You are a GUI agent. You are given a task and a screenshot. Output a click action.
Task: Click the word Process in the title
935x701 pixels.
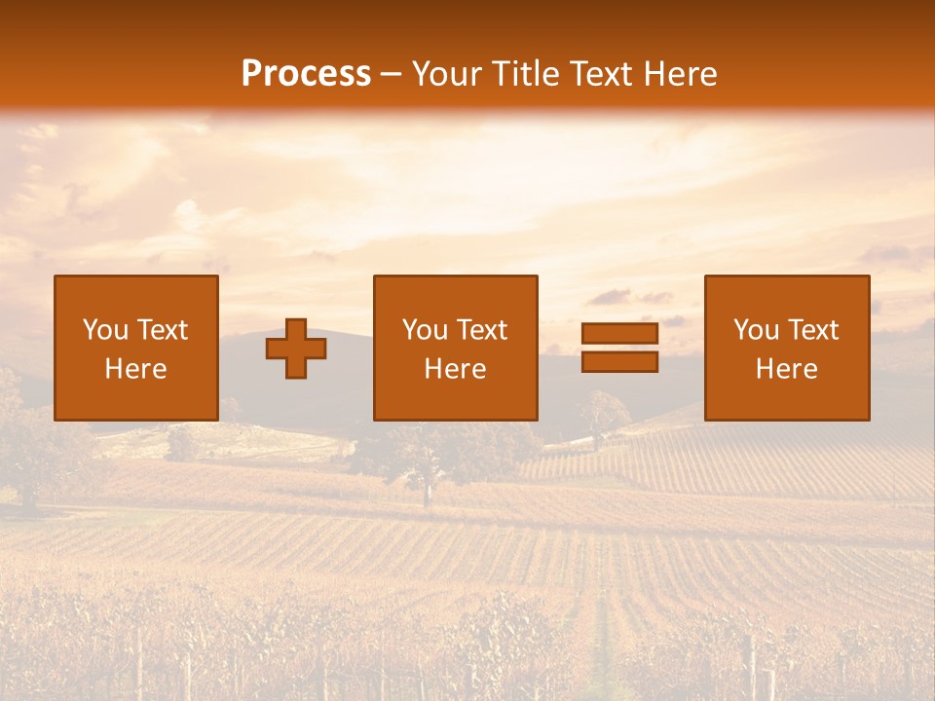[306, 74]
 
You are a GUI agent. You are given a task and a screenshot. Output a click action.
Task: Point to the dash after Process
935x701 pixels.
[391, 75]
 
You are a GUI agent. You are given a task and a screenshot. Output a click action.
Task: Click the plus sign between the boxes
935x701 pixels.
[296, 349]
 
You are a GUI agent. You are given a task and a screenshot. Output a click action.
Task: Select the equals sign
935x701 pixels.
[619, 348]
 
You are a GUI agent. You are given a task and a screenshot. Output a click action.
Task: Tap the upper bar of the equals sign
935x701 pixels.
[619, 334]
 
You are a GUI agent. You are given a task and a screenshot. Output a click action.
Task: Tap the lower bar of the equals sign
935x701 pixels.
[619, 361]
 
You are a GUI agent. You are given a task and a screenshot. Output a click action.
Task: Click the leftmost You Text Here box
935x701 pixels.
[136, 348]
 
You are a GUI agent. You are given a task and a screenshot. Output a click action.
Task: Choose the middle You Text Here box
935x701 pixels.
[455, 348]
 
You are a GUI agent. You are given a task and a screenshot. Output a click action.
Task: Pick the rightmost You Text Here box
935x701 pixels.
[786, 348]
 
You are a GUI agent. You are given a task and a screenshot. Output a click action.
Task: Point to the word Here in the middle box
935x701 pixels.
[455, 369]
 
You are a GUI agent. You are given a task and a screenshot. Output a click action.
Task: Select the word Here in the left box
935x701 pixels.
[136, 369]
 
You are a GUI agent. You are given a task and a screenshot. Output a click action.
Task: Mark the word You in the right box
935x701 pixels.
[756, 330]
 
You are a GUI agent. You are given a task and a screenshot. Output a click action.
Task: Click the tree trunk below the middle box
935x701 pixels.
[426, 492]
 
